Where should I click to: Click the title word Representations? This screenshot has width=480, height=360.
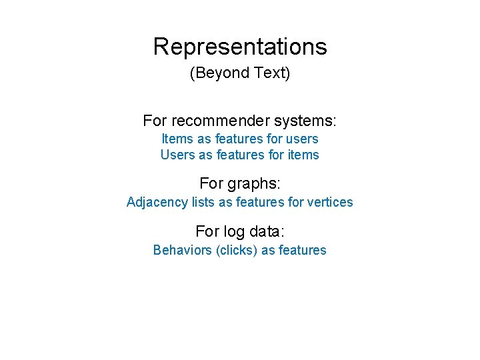[x=240, y=47]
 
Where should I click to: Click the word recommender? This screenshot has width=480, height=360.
[x=214, y=121]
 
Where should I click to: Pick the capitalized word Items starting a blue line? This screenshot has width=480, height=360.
[x=177, y=139]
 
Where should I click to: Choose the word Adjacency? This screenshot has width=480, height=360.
[x=157, y=202]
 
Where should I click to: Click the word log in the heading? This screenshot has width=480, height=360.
[x=234, y=231]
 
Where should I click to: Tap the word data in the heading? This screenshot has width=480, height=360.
[x=267, y=231]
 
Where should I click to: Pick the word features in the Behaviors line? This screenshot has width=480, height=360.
[x=302, y=250]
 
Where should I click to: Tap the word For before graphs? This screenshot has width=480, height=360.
[x=212, y=183]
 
